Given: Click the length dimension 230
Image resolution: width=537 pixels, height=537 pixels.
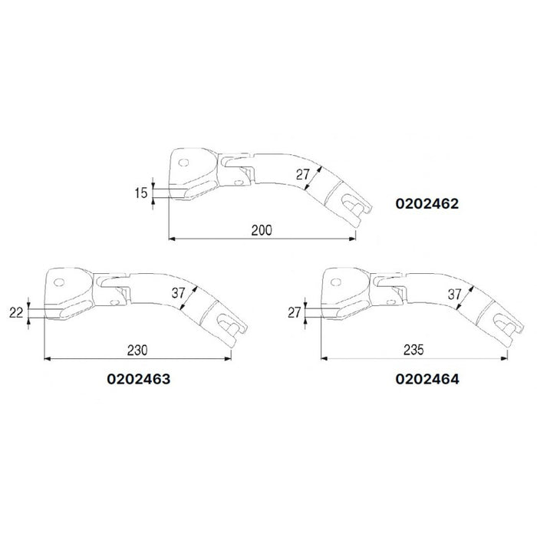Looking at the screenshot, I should pyautogui.click(x=138, y=350).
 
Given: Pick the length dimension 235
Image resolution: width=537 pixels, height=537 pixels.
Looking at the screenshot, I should pyautogui.click(x=415, y=350).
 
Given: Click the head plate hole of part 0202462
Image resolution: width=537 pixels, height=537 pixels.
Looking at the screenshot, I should pyautogui.click(x=183, y=162).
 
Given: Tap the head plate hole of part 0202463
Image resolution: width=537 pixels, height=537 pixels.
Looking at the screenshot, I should pyautogui.click(x=58, y=281).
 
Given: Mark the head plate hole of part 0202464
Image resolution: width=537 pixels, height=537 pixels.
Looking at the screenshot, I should pyautogui.click(x=336, y=281).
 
